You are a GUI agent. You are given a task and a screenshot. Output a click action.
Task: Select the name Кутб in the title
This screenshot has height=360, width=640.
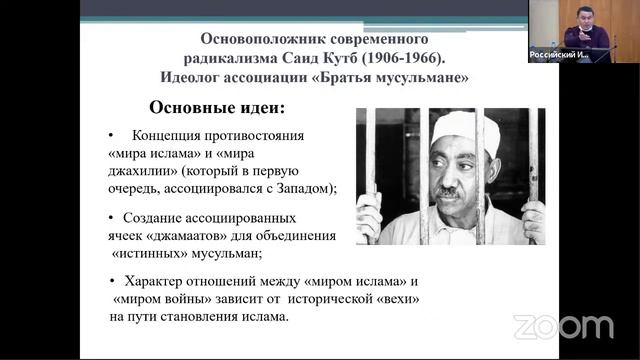coord(357,58)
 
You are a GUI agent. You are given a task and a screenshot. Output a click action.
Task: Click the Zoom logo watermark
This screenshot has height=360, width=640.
coord(563,327)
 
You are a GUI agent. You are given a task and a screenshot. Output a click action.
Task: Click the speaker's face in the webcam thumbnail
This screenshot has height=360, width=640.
coord(587,19)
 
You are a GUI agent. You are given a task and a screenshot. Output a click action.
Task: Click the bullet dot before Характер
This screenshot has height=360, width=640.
coord(114,281)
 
